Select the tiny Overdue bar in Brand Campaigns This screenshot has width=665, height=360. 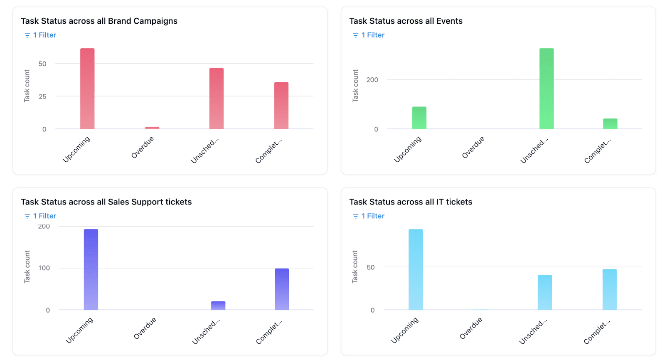[152, 128]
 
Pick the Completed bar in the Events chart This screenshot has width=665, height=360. [610, 124]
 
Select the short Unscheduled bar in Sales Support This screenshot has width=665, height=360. [218, 306]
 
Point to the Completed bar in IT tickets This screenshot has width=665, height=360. [609, 289]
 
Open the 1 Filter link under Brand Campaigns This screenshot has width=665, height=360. [44, 35]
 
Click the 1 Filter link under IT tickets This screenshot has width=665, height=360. [373, 216]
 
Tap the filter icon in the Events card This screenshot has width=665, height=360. [355, 35]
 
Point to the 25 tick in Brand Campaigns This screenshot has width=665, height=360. [42, 96]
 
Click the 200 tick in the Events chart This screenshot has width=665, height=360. [372, 80]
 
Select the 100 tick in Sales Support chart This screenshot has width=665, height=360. [44, 268]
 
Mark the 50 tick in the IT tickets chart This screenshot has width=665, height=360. [370, 267]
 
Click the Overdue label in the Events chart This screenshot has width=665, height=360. [473, 148]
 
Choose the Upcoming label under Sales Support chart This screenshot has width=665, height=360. [79, 330]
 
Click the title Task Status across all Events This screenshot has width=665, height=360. [406, 21]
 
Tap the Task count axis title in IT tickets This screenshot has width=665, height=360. [355, 267]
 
